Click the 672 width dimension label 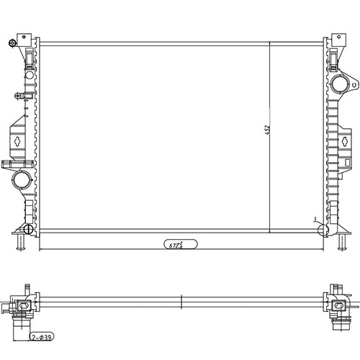176,245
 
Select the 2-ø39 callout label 41,336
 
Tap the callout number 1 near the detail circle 315,218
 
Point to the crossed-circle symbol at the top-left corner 12,44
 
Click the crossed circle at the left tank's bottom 28,229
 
